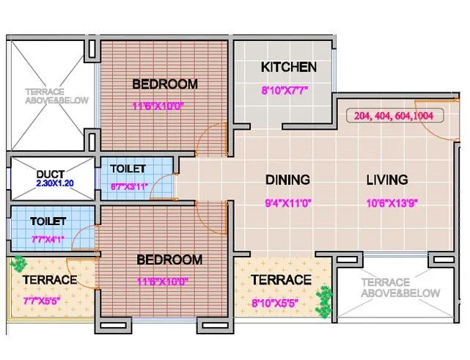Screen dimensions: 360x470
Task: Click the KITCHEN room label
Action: point(289,67)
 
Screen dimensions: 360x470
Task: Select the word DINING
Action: point(287,180)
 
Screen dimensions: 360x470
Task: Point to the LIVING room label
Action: point(387,180)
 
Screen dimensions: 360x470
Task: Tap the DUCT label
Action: point(51,174)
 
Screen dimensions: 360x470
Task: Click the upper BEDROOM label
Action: point(165,84)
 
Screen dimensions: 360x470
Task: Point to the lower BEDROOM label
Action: point(170,260)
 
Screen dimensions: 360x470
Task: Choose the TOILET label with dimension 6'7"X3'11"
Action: point(128,169)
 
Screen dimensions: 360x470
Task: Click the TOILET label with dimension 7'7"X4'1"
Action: point(48,221)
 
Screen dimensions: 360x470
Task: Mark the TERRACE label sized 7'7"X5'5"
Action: point(49,280)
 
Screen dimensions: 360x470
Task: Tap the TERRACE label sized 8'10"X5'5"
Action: point(281,280)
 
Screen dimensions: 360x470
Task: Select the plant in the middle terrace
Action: point(322,301)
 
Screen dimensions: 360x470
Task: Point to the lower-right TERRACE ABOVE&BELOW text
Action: point(401,288)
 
